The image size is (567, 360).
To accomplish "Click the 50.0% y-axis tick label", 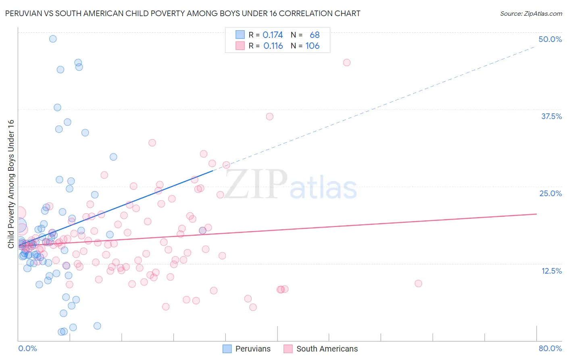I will [550, 39].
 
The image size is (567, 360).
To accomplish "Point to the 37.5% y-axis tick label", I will [551, 116].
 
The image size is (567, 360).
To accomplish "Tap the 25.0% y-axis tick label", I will [550, 193].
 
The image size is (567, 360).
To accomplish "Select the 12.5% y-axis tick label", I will [551, 271].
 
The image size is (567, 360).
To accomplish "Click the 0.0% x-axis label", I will [27, 348].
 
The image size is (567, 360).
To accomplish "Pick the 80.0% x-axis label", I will [550, 348].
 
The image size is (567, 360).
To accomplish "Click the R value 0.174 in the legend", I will [273, 35].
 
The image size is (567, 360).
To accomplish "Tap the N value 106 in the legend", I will [312, 46].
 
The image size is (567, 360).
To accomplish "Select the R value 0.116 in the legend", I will [273, 46].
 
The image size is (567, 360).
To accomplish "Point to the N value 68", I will [315, 35].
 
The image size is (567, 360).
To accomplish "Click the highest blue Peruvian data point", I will [53, 39].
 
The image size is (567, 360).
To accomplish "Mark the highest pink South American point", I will [347, 63].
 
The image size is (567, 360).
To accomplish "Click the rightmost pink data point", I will [418, 284].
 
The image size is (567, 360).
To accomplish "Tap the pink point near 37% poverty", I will [270, 117].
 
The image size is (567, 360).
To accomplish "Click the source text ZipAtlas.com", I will [531, 14].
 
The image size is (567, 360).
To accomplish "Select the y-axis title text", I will [11, 184].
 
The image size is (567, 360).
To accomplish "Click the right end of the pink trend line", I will [536, 214].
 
